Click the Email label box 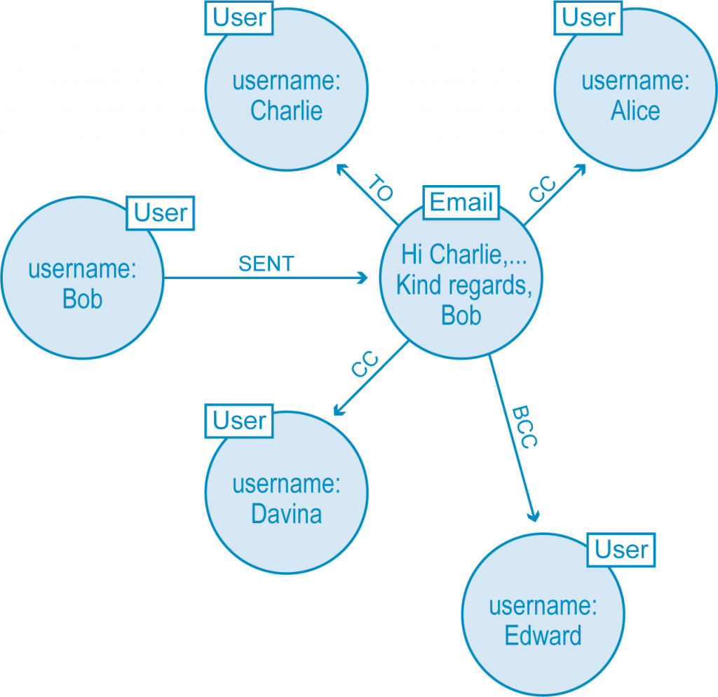(461, 203)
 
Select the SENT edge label (266, 264)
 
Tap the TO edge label (379, 189)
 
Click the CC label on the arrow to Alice (542, 190)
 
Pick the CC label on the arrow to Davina (365, 365)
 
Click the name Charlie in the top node (286, 110)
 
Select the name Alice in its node (635, 110)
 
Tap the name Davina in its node (286, 514)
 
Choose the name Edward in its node (543, 635)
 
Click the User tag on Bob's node (161, 213)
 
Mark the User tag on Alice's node (589, 18)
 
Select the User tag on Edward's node (622, 550)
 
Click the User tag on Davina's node (240, 421)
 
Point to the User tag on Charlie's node (240, 18)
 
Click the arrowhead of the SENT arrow (363, 278)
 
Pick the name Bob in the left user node (82, 299)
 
